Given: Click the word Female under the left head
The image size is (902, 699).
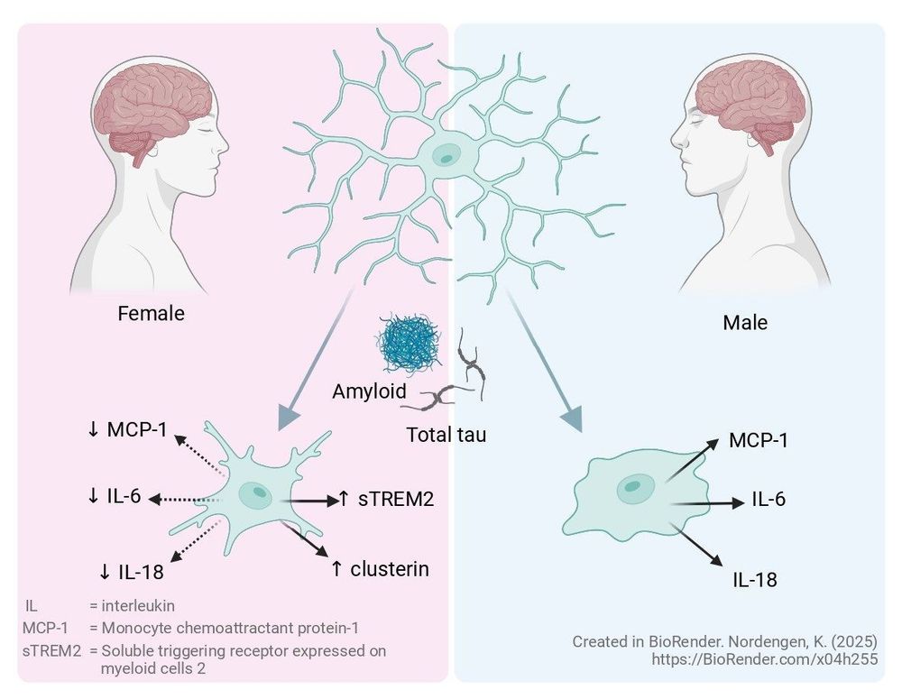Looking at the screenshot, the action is [x=151, y=314].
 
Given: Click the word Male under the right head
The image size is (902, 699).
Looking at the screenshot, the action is [x=745, y=323].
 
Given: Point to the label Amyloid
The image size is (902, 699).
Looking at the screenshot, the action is [x=369, y=391].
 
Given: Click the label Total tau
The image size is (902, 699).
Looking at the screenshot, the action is [x=446, y=435].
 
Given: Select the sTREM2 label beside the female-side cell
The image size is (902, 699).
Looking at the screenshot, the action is [x=396, y=499].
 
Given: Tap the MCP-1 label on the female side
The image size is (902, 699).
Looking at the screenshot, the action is [x=137, y=429].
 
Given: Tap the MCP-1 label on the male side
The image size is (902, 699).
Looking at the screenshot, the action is [x=759, y=441].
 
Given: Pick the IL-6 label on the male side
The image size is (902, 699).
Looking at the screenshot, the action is [x=769, y=500].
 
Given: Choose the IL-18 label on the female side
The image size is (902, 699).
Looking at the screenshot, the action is [x=141, y=572].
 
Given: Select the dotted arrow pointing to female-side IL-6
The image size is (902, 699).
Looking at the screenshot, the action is [x=185, y=500].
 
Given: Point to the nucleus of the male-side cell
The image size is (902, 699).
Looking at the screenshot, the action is [x=633, y=486].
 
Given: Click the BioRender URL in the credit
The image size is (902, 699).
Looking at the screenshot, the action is [x=765, y=659].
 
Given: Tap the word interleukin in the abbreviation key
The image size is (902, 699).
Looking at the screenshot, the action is [x=138, y=606].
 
